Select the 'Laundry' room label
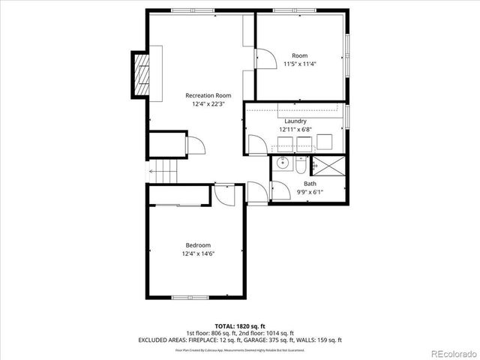(x=295, y=121)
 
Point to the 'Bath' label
(x=310, y=184)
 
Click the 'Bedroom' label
(x=198, y=245)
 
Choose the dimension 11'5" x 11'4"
(x=299, y=64)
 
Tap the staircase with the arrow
(x=166, y=172)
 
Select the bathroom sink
(x=283, y=163)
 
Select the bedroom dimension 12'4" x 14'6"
(x=198, y=255)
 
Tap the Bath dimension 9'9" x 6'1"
(x=310, y=193)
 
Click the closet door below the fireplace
(x=193, y=145)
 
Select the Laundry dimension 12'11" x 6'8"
(x=295, y=130)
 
